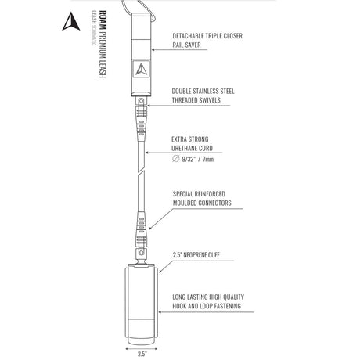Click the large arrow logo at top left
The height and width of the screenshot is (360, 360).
click(x=71, y=21)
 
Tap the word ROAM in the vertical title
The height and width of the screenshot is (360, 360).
click(x=103, y=20)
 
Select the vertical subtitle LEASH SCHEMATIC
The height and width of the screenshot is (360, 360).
click(x=94, y=28)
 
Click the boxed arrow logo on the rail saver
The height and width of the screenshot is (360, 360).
click(x=141, y=69)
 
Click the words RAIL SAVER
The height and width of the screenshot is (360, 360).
click(x=186, y=45)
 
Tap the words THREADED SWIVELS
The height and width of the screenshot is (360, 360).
click(x=196, y=100)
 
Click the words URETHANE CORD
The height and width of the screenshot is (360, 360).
click(x=192, y=148)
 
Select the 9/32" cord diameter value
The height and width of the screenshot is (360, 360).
click(x=189, y=159)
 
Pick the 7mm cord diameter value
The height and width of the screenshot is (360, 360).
click(x=208, y=159)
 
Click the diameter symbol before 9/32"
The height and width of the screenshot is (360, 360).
click(x=176, y=159)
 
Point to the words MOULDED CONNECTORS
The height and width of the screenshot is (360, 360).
click(x=202, y=203)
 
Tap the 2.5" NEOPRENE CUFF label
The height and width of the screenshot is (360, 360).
click(x=196, y=255)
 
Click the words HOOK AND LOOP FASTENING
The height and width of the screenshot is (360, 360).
click(x=207, y=306)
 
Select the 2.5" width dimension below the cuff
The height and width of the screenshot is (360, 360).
click(x=142, y=354)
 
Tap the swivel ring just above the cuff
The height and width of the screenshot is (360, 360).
click(x=142, y=253)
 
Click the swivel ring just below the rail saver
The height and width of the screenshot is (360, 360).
click(x=141, y=100)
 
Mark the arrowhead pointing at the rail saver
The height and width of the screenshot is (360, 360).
click(x=153, y=49)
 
